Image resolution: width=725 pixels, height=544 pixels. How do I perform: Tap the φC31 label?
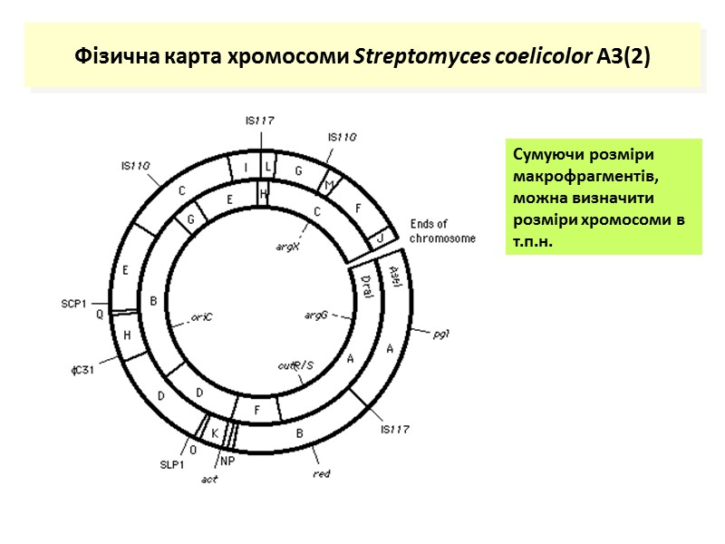pyautogui.click(x=84, y=370)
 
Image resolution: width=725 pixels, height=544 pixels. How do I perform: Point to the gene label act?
pyautogui.click(x=209, y=480)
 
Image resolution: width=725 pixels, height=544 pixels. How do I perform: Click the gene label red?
pyautogui.click(x=321, y=473)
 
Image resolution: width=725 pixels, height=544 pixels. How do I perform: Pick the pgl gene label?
pyautogui.click(x=442, y=334)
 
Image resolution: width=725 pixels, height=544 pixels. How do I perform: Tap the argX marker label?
pyautogui.click(x=287, y=245)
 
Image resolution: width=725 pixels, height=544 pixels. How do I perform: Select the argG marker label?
pyautogui.click(x=315, y=316)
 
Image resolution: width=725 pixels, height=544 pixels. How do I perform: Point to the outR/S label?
pyautogui.click(x=295, y=365)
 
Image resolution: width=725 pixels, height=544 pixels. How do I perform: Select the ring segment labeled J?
pyautogui.click(x=381, y=238)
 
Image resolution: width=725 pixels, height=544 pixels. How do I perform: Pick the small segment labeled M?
pyautogui.click(x=329, y=186)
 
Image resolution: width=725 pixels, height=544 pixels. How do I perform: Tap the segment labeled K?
pyautogui.click(x=216, y=434)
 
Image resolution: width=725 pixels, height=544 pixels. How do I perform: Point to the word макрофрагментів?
pyautogui.click(x=571, y=175)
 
